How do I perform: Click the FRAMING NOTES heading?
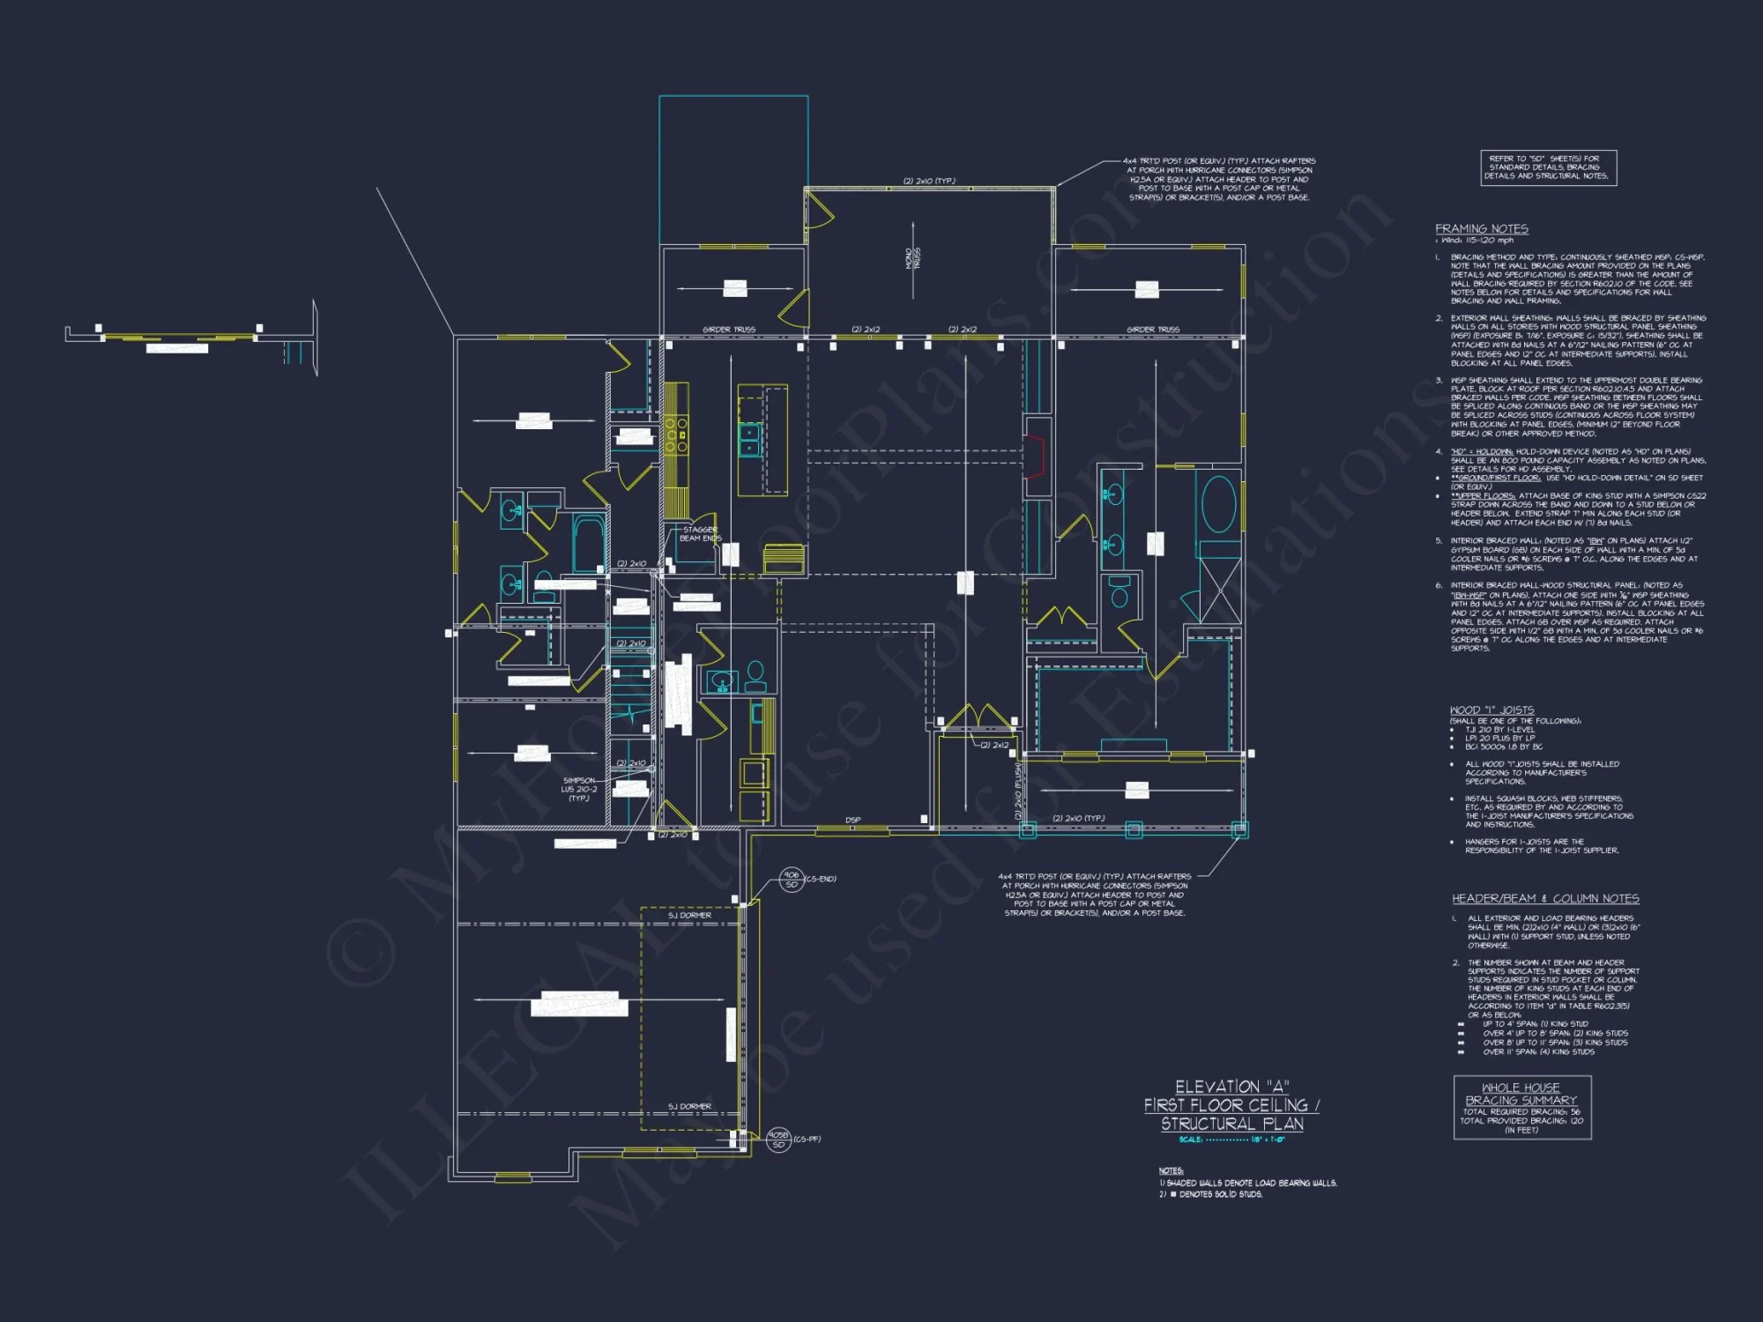pyautogui.click(x=1481, y=229)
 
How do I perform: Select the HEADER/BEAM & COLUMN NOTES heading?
pyautogui.click(x=1545, y=899)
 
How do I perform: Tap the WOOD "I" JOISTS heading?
pyautogui.click(x=1491, y=710)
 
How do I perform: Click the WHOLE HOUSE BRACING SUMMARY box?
pyautogui.click(x=1521, y=1108)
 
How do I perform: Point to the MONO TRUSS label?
pyautogui.click(x=913, y=258)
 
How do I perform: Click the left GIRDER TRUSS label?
pyautogui.click(x=728, y=330)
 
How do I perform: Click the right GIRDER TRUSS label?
pyautogui.click(x=1152, y=330)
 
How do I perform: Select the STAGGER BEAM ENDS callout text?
pyautogui.click(x=700, y=534)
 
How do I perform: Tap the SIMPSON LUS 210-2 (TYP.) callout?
pyautogui.click(x=579, y=789)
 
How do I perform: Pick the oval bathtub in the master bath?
pyautogui.click(x=1219, y=504)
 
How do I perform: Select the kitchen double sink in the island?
pyautogui.click(x=749, y=439)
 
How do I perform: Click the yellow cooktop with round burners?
pyautogui.click(x=676, y=434)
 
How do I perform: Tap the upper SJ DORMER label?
pyautogui.click(x=689, y=915)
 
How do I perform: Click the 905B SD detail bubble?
pyautogui.click(x=777, y=1140)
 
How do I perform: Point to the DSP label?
pyautogui.click(x=852, y=821)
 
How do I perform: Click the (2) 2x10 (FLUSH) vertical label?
pyautogui.click(x=1018, y=791)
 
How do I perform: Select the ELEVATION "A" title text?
pyautogui.click(x=1231, y=1087)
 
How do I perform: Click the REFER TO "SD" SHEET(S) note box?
pyautogui.click(x=1548, y=167)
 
